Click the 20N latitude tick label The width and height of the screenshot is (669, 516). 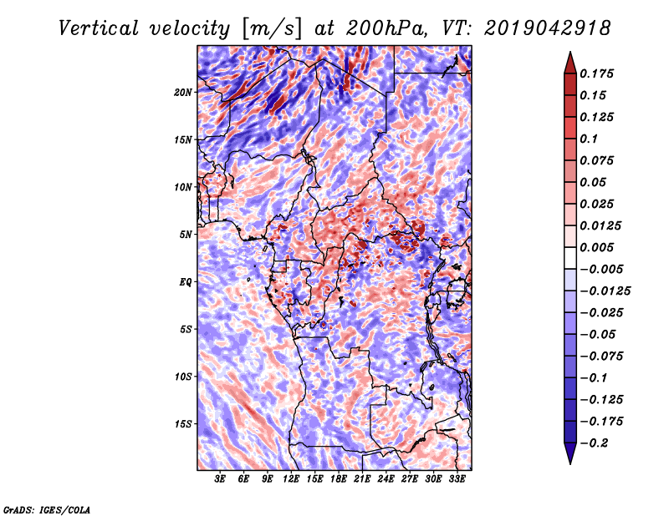(183, 93)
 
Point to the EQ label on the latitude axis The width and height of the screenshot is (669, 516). (185, 282)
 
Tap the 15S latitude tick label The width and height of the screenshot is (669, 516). (183, 424)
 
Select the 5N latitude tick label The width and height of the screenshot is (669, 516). (186, 235)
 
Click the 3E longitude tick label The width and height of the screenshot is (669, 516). (220, 479)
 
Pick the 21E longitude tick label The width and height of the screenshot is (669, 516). (362, 479)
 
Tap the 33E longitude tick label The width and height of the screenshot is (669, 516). (457, 479)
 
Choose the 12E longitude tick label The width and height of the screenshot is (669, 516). (291, 479)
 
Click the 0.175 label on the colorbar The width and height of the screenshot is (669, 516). (596, 73)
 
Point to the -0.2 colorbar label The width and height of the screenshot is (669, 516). (594, 443)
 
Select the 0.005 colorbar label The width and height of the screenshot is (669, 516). (596, 247)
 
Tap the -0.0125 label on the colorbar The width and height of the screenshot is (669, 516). (605, 291)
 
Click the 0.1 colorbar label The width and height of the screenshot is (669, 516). (589, 139)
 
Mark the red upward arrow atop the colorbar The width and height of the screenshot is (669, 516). (570, 63)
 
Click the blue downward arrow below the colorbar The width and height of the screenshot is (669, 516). (570, 453)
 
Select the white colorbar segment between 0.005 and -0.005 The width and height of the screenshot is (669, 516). (570, 258)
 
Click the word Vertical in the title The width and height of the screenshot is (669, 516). (99, 28)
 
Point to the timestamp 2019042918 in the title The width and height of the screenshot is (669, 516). (548, 28)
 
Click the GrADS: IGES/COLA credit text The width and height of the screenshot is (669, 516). (47, 510)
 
